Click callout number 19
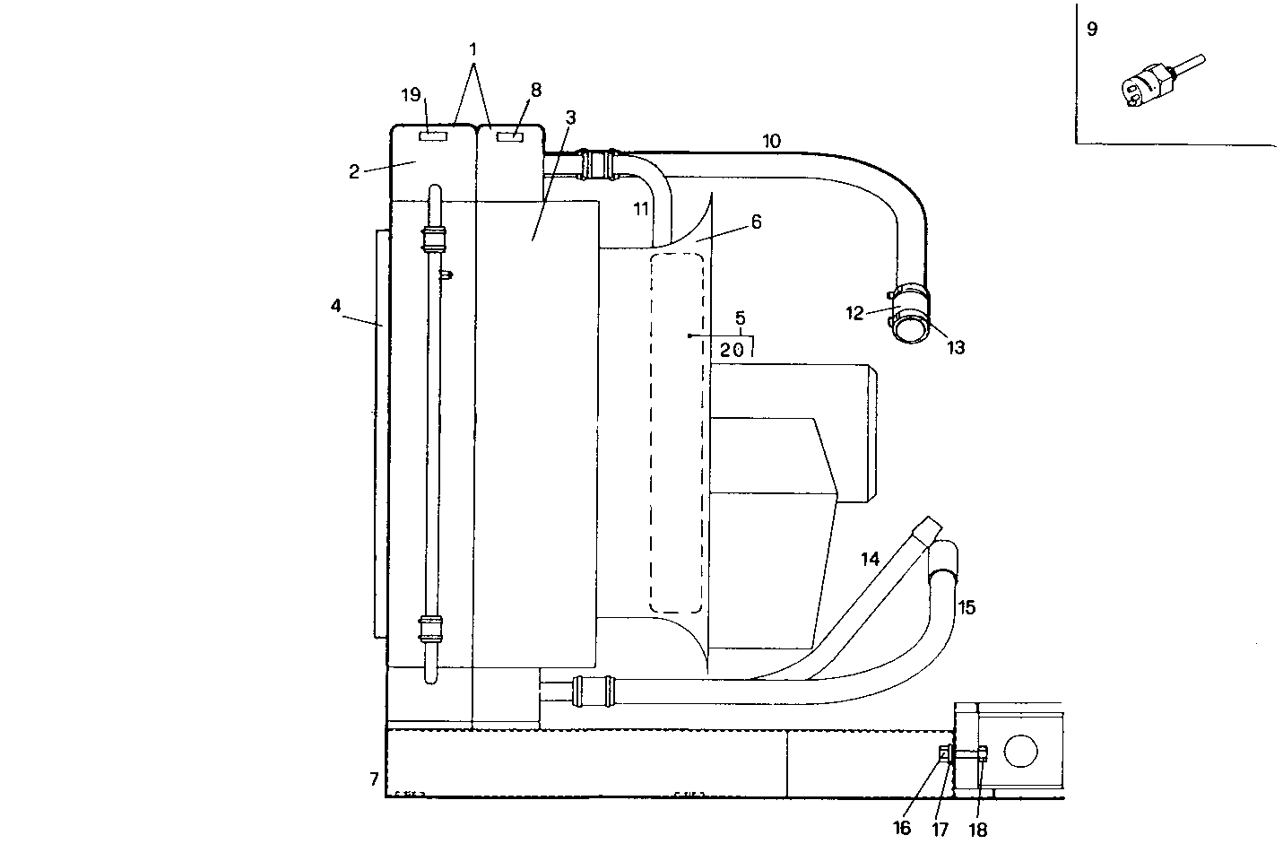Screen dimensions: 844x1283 pos(411,95)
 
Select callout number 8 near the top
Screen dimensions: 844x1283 pos(536,90)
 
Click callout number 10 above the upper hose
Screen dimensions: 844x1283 pos(771,141)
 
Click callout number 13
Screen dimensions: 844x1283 pos(956,347)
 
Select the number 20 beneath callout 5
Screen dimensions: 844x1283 pos(732,351)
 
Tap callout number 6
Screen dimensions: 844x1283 pos(756,222)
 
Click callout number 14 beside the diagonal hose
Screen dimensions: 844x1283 pos(870,559)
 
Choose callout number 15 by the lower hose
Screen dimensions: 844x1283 pos(966,607)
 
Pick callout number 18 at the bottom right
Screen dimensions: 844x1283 pos(978,829)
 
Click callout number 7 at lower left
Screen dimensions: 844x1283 pos(374,779)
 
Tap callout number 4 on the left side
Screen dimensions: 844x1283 pos(335,306)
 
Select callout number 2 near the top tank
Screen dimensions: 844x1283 pos(354,171)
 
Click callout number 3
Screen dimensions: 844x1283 pos(571,118)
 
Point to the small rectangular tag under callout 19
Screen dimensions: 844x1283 pos(432,136)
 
